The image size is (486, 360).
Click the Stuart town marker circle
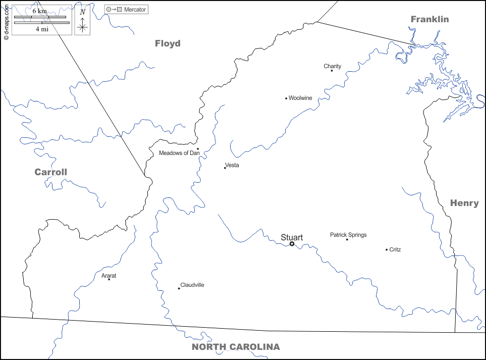(x=292, y=244)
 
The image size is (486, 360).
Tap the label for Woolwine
(x=300, y=98)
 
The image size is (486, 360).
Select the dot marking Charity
(x=332, y=71)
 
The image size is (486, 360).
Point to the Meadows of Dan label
(x=179, y=153)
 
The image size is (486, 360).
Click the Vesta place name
(x=232, y=165)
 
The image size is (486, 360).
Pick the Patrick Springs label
(x=348, y=235)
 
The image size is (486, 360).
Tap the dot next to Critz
(x=387, y=249)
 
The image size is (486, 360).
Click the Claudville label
(x=192, y=285)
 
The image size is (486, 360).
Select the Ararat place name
(x=109, y=276)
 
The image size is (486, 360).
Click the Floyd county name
(x=168, y=43)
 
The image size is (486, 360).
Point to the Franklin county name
(x=429, y=19)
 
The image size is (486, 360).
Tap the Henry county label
(x=464, y=203)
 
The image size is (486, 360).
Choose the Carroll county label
(x=50, y=172)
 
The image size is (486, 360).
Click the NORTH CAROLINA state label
(x=236, y=347)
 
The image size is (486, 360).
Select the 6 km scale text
(x=40, y=11)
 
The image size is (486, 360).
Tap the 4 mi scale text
(x=42, y=29)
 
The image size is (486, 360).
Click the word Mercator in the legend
(x=135, y=10)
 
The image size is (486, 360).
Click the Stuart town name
(x=292, y=237)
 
